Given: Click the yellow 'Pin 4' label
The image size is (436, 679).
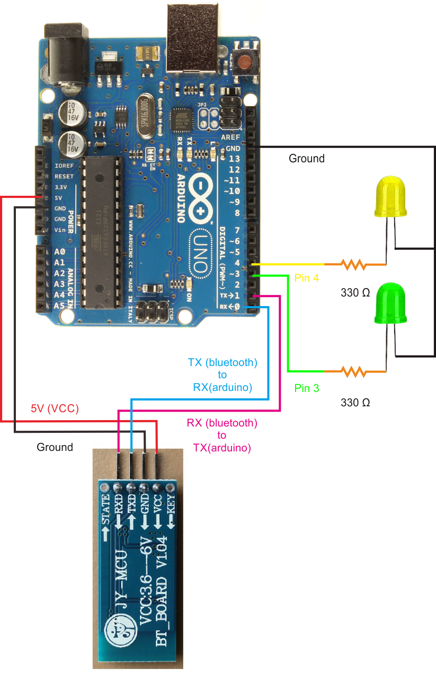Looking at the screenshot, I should [x=306, y=277].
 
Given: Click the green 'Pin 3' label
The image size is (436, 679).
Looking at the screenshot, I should [x=307, y=388].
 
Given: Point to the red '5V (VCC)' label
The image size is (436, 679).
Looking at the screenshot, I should [x=54, y=408].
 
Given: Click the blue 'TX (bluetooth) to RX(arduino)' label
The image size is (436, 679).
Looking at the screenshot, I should [x=223, y=375].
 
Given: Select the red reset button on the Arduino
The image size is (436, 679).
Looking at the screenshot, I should [x=245, y=63].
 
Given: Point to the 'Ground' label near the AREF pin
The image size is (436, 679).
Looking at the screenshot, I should [x=306, y=158].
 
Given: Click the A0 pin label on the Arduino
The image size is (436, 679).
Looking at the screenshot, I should [x=59, y=251].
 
